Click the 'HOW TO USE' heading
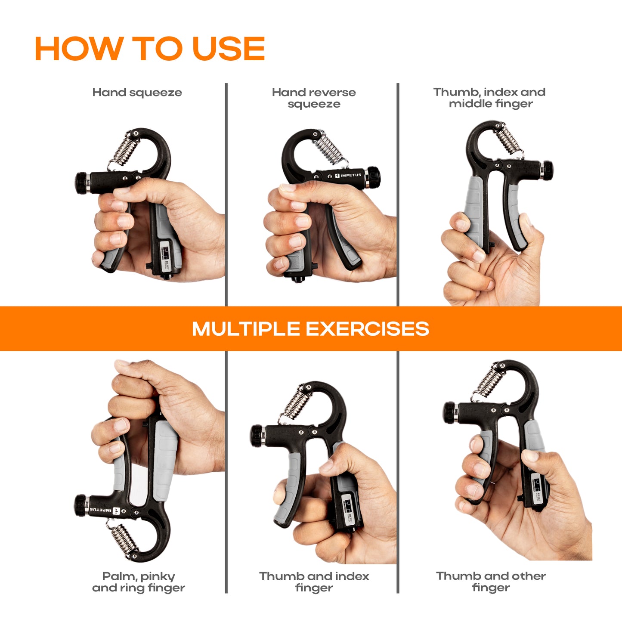(x=150, y=48)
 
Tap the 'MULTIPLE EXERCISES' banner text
(x=310, y=328)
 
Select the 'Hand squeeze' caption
(x=137, y=93)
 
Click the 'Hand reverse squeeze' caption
(x=314, y=98)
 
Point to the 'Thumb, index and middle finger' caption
(x=489, y=98)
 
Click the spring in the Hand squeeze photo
(x=124, y=150)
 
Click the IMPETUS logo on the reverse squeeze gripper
(x=348, y=176)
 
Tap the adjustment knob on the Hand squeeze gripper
(x=82, y=183)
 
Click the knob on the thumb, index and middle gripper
(x=547, y=170)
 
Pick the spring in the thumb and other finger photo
(x=488, y=383)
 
